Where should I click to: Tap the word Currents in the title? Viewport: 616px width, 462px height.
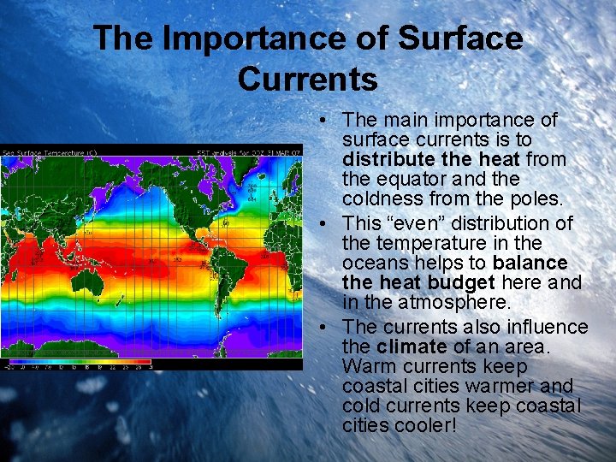pyautogui.click(x=308, y=79)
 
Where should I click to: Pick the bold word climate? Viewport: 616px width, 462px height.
pyautogui.click(x=411, y=346)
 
